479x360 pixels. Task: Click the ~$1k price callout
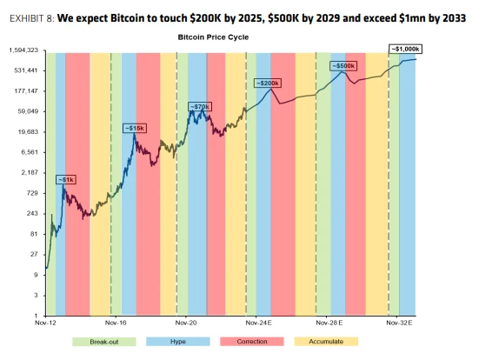coord(65,180)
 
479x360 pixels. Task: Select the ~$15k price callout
coord(135,128)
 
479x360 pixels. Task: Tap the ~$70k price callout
coord(200,106)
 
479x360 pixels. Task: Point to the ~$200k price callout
coord(267,83)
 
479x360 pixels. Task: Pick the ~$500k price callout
coord(343,66)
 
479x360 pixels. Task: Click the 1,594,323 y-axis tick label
coord(23,50)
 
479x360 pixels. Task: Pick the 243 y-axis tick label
coord(31,213)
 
